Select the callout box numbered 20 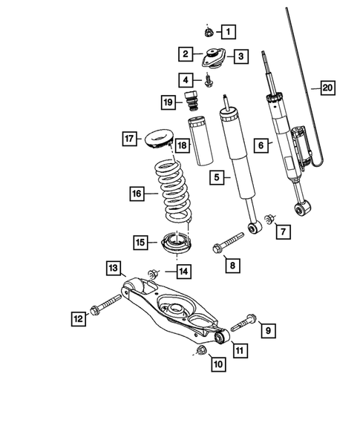click(x=327, y=88)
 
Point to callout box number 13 click(x=113, y=266)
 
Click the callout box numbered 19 click(x=168, y=102)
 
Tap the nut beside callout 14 click(x=154, y=272)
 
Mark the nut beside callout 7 click(x=269, y=218)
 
